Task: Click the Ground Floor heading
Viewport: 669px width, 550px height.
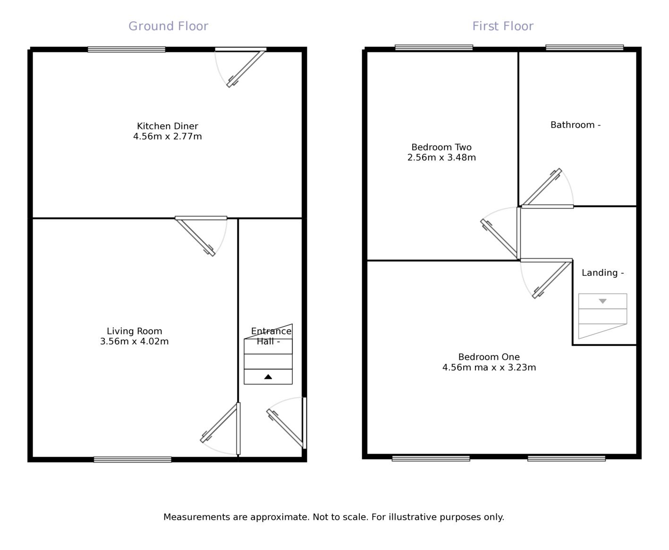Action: (x=168, y=26)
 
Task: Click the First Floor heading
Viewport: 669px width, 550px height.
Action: (x=503, y=26)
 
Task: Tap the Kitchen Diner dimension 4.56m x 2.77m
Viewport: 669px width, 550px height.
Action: (x=168, y=137)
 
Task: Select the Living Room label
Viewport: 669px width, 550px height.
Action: (x=134, y=331)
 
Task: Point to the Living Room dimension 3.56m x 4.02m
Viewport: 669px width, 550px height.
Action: (x=134, y=342)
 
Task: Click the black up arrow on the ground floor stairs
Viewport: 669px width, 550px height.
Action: (x=268, y=377)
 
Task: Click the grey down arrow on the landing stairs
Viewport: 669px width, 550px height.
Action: (x=602, y=301)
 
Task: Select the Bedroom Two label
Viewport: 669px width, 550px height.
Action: (x=441, y=147)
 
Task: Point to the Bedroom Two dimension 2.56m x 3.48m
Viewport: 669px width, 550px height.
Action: (x=441, y=158)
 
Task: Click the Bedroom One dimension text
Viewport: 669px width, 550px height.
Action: (x=489, y=368)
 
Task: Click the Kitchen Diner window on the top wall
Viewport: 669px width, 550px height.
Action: (x=127, y=49)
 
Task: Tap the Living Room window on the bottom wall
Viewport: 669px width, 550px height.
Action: (x=133, y=459)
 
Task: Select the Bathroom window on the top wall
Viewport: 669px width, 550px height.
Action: (x=584, y=47)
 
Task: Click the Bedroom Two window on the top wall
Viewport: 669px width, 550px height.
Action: (x=434, y=47)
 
